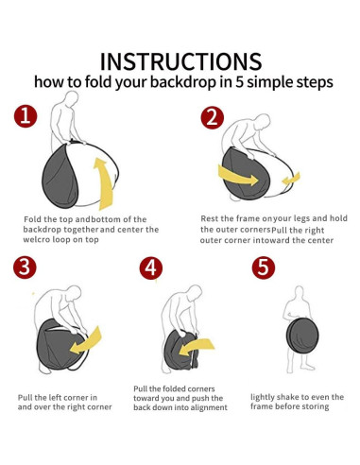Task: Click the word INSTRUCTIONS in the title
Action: [x=180, y=61]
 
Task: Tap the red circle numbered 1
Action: [x=26, y=116]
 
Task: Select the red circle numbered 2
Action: [x=213, y=117]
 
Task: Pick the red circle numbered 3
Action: [x=25, y=267]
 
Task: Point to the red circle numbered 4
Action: [x=151, y=268]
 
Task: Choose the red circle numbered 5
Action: [x=264, y=267]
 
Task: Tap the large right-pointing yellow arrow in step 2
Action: [x=238, y=176]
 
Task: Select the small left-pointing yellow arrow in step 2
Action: [x=291, y=180]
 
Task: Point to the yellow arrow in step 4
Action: [x=196, y=346]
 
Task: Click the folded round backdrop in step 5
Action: [x=302, y=336]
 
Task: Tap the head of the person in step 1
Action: [x=72, y=98]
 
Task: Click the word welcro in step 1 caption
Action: [x=36, y=240]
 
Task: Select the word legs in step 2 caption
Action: [x=301, y=219]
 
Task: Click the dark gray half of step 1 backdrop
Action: [x=60, y=177]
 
